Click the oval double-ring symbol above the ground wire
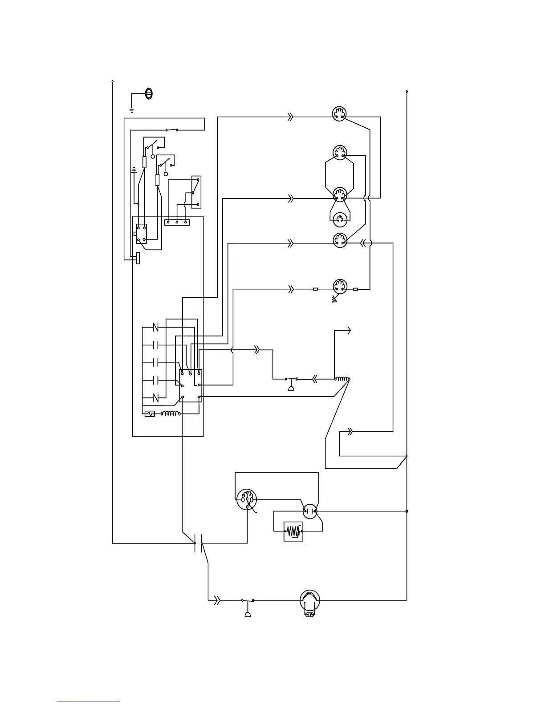(x=149, y=93)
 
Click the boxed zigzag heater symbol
(x=293, y=531)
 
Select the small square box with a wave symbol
(x=150, y=413)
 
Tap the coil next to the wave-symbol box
(x=171, y=413)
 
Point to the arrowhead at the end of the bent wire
(x=349, y=330)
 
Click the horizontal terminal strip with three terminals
(x=177, y=222)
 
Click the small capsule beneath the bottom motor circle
(x=309, y=615)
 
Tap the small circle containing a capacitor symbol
(x=310, y=511)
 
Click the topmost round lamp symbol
(x=340, y=113)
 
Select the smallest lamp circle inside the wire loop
(x=339, y=218)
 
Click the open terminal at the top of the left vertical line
(x=112, y=81)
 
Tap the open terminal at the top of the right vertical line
(x=407, y=92)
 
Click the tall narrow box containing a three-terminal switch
(x=196, y=192)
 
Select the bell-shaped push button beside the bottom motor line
(x=248, y=614)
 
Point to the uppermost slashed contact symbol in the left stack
(x=156, y=328)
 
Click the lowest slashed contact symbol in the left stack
(x=156, y=397)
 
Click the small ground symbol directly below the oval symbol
(x=132, y=109)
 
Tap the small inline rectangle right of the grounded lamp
(x=355, y=289)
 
